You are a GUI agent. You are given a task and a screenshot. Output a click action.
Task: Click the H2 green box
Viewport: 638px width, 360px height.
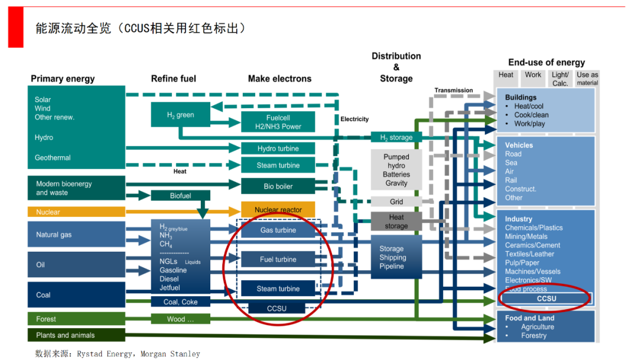[x=180, y=115]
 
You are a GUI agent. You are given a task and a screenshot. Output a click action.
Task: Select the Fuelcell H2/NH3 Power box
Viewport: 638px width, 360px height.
[x=278, y=122]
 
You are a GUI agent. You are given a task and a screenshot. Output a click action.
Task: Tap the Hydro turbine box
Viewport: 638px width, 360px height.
[x=278, y=148]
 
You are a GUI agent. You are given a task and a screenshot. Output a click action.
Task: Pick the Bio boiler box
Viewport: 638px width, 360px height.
[x=278, y=186]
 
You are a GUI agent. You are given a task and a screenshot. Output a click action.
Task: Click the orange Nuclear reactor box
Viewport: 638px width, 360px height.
[x=278, y=210]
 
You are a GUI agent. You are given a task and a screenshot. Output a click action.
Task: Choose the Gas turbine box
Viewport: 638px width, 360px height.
[x=278, y=230]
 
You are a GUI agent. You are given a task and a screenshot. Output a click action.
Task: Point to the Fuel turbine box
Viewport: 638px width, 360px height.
[x=278, y=260]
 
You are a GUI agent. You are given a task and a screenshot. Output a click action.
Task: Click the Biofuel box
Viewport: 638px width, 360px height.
[x=180, y=196]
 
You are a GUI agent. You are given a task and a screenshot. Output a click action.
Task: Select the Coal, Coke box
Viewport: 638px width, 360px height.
[x=180, y=302]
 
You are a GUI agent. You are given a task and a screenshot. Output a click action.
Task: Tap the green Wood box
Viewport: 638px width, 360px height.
[x=180, y=319]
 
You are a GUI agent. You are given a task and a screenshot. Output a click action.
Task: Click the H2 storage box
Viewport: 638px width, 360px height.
[x=396, y=137]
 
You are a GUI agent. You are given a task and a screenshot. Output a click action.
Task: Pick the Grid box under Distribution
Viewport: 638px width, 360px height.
[x=396, y=202]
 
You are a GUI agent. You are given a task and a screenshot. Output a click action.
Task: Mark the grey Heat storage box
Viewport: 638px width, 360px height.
[x=396, y=221]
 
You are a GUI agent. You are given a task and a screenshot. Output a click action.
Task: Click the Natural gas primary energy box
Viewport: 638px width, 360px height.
[x=76, y=235]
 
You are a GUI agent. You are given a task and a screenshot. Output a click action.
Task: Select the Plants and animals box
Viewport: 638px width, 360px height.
[x=76, y=335]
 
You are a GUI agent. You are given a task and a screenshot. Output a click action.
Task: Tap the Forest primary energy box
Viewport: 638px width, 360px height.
[x=76, y=319]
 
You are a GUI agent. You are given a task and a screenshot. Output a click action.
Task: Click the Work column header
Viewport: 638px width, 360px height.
[x=533, y=76]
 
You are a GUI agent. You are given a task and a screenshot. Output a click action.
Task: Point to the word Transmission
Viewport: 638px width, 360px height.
[x=454, y=90]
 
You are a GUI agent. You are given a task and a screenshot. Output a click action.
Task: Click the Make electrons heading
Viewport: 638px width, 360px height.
[x=279, y=79]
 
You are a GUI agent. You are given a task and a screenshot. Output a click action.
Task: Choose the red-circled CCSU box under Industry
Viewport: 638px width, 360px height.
[x=546, y=299]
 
